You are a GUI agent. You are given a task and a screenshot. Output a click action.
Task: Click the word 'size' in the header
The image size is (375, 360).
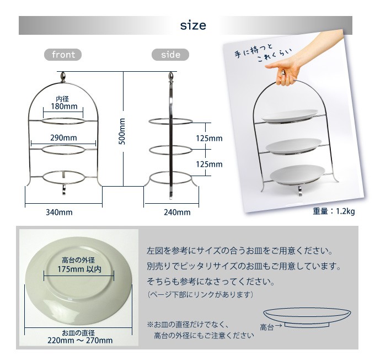coord(193,25)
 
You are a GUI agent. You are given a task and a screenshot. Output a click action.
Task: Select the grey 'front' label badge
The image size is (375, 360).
coord(63,55)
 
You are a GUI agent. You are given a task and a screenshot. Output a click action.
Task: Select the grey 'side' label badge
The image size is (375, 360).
coord(170,55)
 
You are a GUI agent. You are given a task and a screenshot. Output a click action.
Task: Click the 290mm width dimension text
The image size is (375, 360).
coord(63,137)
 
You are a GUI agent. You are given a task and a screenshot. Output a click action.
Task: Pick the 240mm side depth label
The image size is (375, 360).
coord(177,212)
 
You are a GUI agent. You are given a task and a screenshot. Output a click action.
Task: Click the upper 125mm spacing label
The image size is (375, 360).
coord(209,138)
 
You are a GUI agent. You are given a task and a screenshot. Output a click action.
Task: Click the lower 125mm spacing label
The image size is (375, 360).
coord(209,164)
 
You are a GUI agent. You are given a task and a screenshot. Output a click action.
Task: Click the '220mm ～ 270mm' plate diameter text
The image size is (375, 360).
coord(79,341)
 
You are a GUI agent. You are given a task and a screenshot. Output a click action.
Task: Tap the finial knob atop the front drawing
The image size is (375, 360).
coord(64,76)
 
